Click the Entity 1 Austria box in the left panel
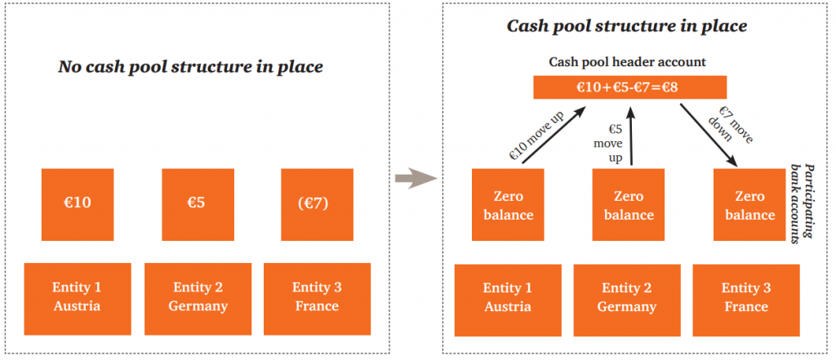(78, 296)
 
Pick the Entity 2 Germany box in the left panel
(198, 296)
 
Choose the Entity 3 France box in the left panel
(317, 296)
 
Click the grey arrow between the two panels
(411, 179)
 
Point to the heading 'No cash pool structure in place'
(190, 67)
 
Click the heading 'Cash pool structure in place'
(627, 25)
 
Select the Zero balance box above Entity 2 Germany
(629, 206)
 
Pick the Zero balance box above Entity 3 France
(749, 206)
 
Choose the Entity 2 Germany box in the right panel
(627, 297)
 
